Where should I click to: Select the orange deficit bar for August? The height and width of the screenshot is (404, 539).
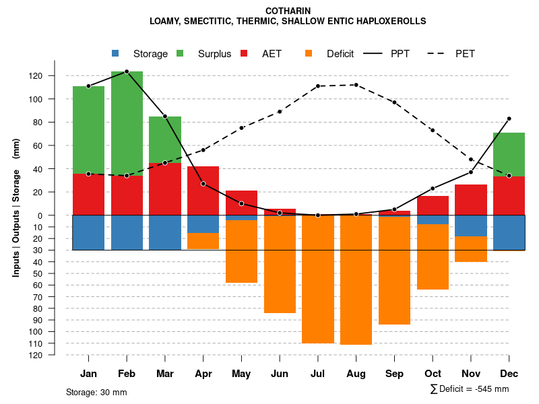click(356, 280)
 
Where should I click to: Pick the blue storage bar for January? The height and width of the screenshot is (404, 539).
click(88, 232)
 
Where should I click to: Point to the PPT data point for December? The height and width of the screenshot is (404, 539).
click(509, 119)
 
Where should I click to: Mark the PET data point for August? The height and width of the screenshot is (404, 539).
click(356, 85)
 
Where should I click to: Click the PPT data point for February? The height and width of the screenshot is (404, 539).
click(127, 71)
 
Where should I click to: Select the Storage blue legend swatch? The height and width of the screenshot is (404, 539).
click(115, 53)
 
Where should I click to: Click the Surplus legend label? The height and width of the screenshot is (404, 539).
click(214, 54)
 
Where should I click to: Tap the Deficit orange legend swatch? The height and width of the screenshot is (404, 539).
click(309, 53)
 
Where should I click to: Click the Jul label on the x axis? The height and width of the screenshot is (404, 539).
click(318, 374)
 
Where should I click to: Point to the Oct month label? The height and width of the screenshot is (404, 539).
click(433, 374)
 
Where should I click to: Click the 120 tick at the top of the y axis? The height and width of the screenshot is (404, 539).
click(54, 76)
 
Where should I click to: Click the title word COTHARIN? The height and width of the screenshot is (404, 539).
click(288, 11)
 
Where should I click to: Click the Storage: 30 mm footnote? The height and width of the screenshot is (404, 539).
click(96, 392)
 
